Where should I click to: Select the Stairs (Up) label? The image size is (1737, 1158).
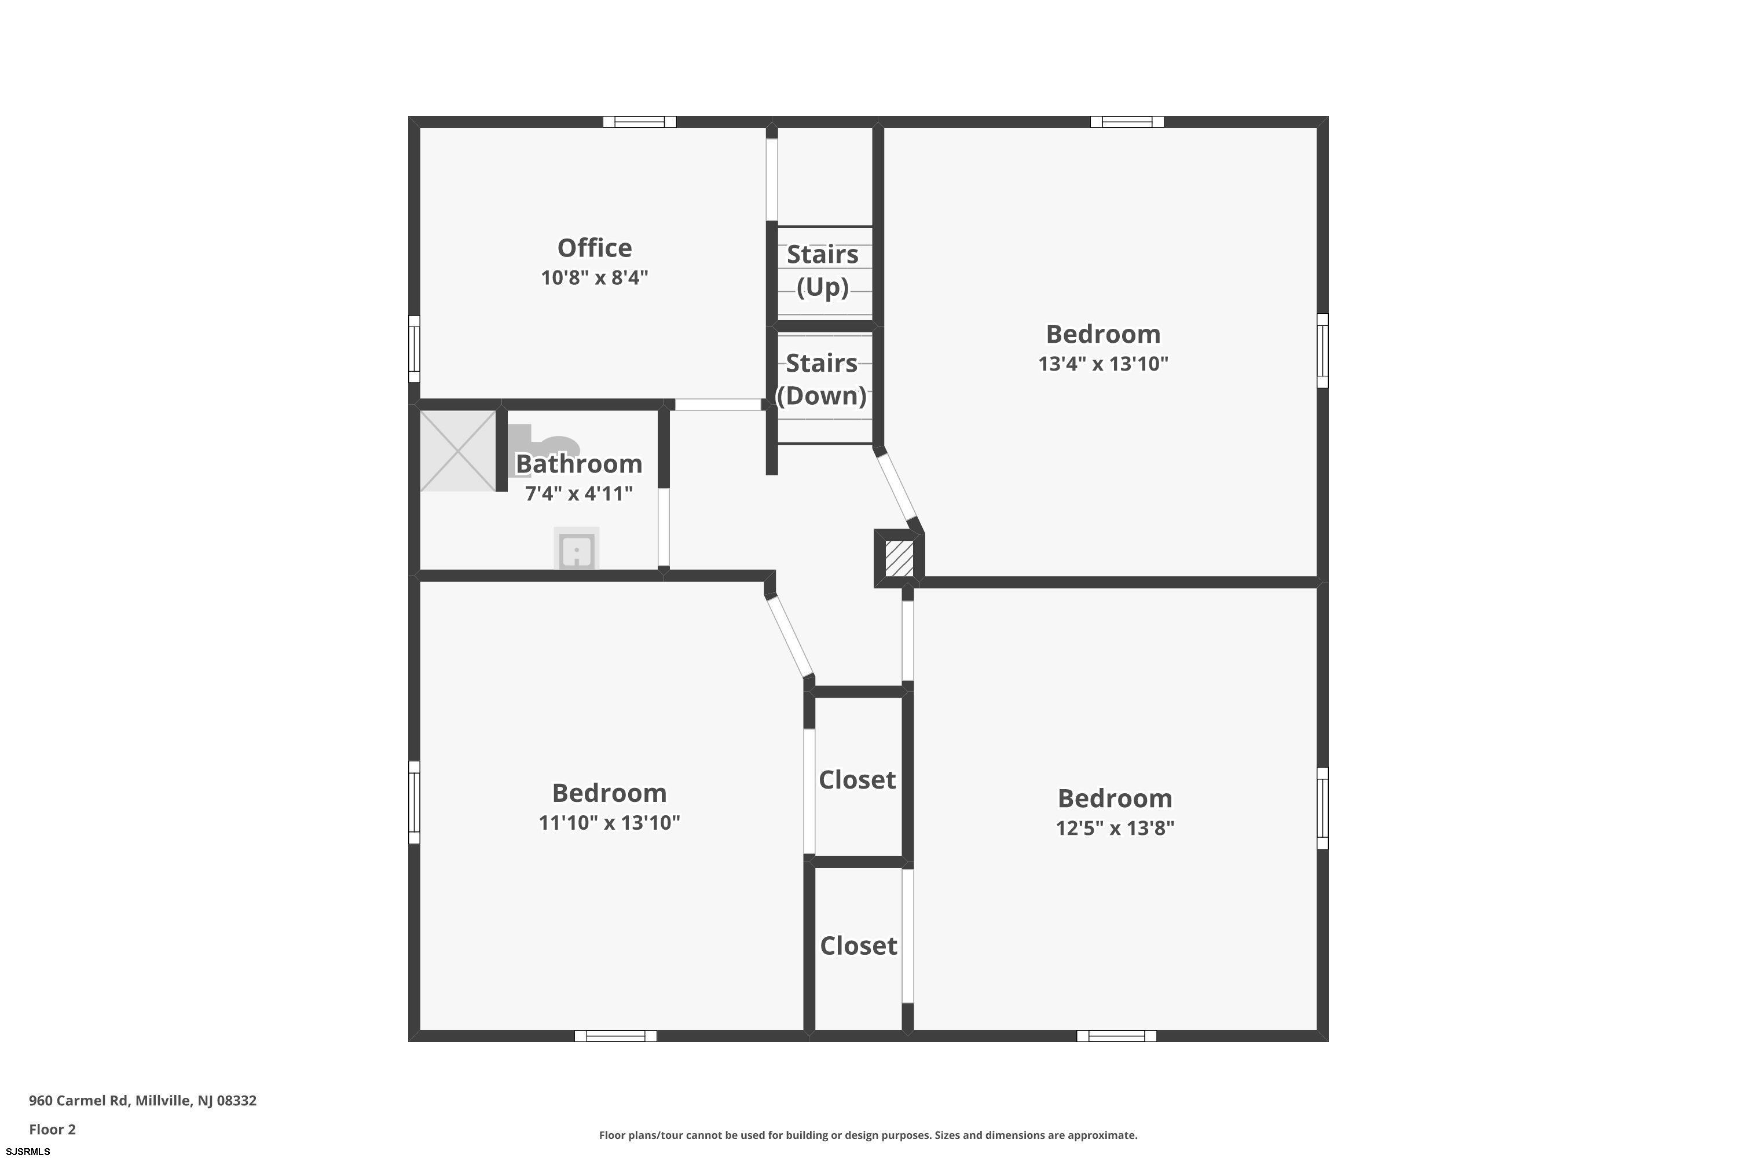(x=823, y=270)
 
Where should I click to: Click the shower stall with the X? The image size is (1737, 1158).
(x=458, y=451)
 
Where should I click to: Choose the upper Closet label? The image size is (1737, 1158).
(x=857, y=779)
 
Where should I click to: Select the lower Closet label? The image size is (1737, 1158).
(x=858, y=946)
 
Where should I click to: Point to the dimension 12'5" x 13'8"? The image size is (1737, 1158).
(x=1115, y=828)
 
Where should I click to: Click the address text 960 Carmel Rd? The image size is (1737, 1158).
(x=78, y=1101)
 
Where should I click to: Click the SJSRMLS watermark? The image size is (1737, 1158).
(x=28, y=1152)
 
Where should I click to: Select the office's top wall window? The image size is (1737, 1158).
(x=640, y=122)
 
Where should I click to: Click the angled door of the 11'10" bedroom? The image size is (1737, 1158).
(x=790, y=636)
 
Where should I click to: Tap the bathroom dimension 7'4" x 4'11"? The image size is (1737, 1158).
(x=578, y=493)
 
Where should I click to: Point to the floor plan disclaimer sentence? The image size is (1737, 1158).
(x=868, y=1135)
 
